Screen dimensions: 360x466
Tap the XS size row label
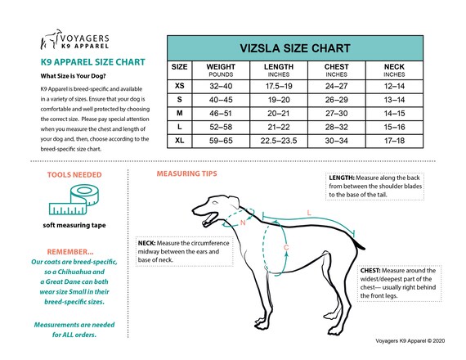coord(180,86)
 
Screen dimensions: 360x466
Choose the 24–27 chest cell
coord(337,86)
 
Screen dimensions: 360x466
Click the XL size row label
coord(180,141)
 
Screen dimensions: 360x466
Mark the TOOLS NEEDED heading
coord(74,175)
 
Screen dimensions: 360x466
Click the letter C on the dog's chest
coord(285,246)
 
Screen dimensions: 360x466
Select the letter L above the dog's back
coord(308,213)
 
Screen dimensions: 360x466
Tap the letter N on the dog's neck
coord(242,222)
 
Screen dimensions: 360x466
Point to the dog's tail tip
coord(365,239)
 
